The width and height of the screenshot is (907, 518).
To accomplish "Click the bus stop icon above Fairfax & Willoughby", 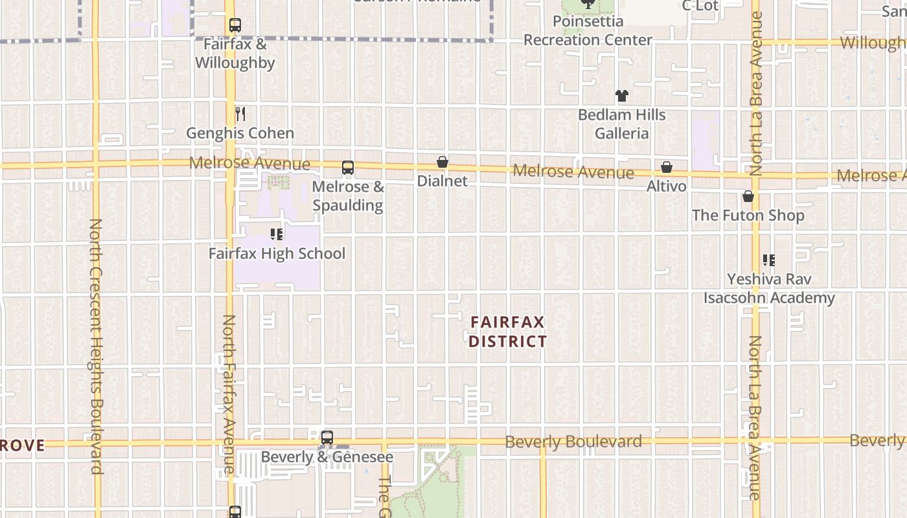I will click(x=235, y=26).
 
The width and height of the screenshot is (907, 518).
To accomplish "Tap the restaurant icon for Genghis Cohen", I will click(x=240, y=114).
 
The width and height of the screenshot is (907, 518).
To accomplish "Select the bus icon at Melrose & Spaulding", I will click(x=348, y=168).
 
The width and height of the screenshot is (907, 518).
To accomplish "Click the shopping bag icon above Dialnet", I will click(x=442, y=162).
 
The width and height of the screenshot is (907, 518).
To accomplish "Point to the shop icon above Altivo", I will click(x=667, y=167).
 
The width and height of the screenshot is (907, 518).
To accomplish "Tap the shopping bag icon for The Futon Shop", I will click(x=748, y=196).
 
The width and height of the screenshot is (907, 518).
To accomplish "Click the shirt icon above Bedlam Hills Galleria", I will click(x=622, y=96).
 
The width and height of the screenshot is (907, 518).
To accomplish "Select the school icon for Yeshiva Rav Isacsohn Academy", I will click(x=769, y=260).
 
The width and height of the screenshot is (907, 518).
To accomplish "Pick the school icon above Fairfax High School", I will click(x=277, y=234).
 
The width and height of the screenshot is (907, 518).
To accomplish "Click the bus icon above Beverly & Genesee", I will click(x=327, y=438).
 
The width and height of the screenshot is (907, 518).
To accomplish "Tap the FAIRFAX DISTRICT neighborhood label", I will click(x=507, y=332).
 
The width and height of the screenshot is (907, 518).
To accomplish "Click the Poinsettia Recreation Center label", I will click(x=588, y=30).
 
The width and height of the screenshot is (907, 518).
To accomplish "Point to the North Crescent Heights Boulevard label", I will click(x=96, y=346).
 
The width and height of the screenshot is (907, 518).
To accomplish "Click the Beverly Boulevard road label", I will click(x=573, y=442).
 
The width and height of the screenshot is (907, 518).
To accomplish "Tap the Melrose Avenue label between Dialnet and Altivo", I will click(x=573, y=172).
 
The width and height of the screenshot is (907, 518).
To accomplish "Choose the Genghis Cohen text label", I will click(x=240, y=133).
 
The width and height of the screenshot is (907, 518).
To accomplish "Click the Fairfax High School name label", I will click(x=277, y=253).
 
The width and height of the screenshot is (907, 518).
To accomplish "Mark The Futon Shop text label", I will click(x=748, y=215).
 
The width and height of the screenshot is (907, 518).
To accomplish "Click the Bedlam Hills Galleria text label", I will click(x=622, y=124).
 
